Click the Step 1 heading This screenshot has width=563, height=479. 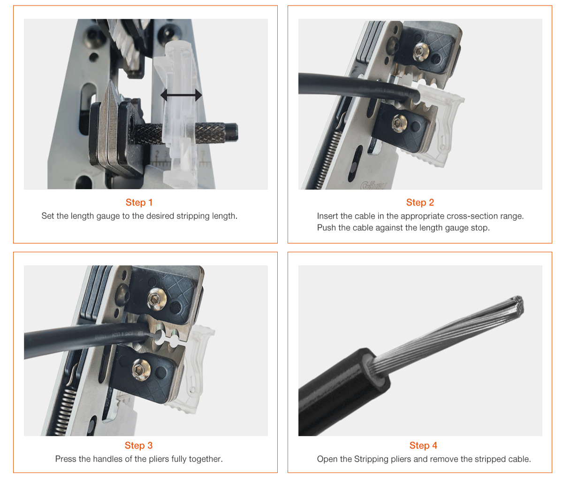[139, 202]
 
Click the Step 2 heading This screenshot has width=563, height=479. [420, 202]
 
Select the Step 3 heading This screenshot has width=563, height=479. [138, 445]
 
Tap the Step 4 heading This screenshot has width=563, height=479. [423, 445]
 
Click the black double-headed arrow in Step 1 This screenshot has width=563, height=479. [181, 95]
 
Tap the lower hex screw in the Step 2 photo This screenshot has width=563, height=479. [399, 124]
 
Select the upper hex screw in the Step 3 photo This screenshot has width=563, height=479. [157, 299]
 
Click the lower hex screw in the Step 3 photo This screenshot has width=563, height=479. [141, 370]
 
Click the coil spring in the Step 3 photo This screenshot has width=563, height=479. [65, 412]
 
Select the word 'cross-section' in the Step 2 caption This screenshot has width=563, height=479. [472, 216]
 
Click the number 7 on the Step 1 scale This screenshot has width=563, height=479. [202, 155]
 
